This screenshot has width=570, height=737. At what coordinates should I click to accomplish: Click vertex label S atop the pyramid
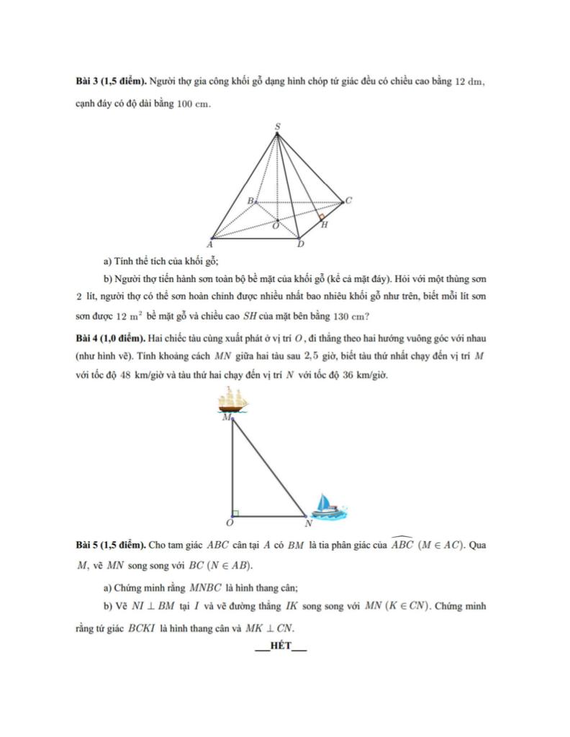[x=278, y=127]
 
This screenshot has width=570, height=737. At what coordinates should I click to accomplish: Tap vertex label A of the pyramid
[x=209, y=245]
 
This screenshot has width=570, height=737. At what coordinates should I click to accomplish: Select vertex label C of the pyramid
[x=348, y=201]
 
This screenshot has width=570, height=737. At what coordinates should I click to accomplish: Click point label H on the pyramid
[x=324, y=225]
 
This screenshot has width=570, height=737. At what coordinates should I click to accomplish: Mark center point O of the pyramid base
[x=276, y=225]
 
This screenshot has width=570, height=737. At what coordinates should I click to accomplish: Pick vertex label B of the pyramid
[x=250, y=201]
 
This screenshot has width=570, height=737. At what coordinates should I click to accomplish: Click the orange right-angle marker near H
[x=321, y=216]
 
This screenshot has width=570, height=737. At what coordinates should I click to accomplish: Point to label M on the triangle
[x=227, y=417]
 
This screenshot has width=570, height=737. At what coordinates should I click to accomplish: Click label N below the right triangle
[x=308, y=523]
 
